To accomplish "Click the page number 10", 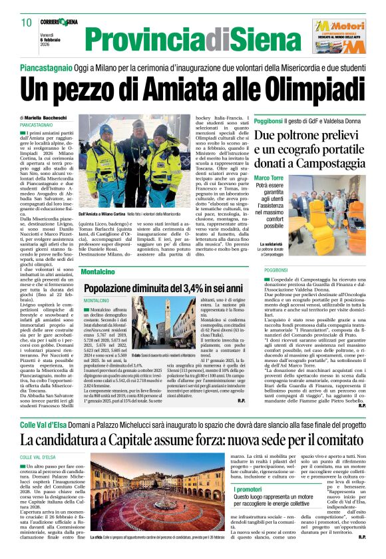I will pos(27,23).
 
